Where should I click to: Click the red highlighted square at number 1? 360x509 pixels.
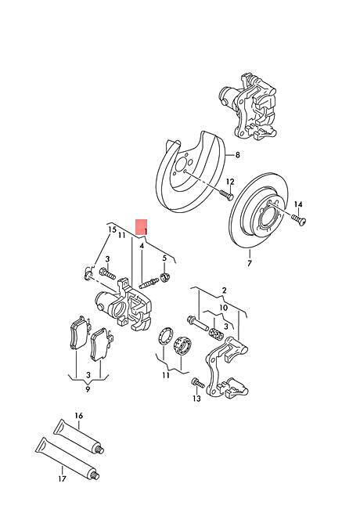(x=142, y=227)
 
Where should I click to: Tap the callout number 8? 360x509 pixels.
(x=238, y=155)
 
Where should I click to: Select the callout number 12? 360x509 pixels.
(x=230, y=182)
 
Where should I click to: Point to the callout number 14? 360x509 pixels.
(x=298, y=204)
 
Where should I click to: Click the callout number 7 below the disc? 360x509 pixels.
(x=249, y=263)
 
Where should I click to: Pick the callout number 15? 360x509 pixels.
(x=112, y=229)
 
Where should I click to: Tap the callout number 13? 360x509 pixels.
(x=197, y=399)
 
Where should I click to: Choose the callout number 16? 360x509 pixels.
(x=79, y=416)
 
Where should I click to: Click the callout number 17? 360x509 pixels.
(x=63, y=478)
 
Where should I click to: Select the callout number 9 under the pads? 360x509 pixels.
(x=88, y=389)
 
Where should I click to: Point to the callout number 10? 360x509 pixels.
(x=224, y=308)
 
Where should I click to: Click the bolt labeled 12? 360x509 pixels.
(x=226, y=195)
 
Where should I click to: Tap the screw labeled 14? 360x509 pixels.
(x=299, y=220)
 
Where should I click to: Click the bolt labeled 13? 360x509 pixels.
(x=198, y=384)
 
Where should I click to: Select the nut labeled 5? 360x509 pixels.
(x=165, y=277)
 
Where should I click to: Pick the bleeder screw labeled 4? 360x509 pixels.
(x=149, y=283)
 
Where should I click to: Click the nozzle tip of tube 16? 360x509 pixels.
(x=101, y=450)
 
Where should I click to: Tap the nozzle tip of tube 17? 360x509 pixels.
(x=95, y=476)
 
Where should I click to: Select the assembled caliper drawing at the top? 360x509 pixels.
(x=248, y=106)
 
